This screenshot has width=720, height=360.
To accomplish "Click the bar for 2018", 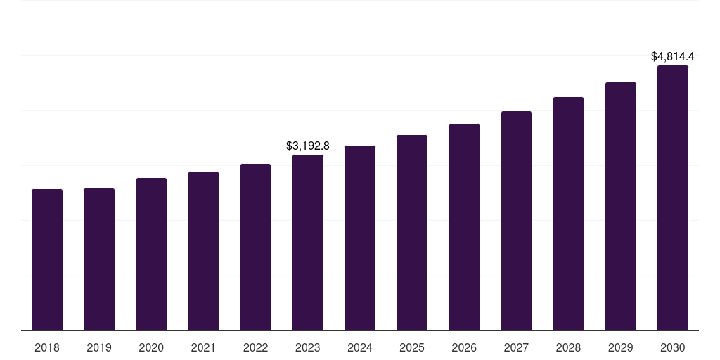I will click(x=47, y=259).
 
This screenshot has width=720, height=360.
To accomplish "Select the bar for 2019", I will click(x=99, y=259).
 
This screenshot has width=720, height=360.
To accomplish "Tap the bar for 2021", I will click(x=203, y=251).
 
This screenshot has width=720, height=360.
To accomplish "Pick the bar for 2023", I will click(x=308, y=243).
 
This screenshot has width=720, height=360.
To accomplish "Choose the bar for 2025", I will click(x=412, y=233).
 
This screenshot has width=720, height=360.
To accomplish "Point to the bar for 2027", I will click(x=516, y=221).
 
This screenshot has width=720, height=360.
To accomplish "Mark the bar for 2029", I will click(x=621, y=206).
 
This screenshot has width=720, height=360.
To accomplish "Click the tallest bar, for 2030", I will click(x=673, y=198).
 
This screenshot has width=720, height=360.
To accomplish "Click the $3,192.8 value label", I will click(x=308, y=146).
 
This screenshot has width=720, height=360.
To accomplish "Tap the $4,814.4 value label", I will click(x=673, y=56).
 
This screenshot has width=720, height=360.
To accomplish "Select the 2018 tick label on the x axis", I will click(x=47, y=347).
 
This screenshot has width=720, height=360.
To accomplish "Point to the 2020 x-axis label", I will click(x=151, y=347).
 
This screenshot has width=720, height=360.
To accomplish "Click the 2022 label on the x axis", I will click(x=256, y=347).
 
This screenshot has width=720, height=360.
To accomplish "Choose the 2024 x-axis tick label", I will click(x=360, y=347).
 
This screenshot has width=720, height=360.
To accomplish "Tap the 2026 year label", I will click(x=464, y=347).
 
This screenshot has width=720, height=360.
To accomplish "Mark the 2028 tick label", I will click(x=568, y=347).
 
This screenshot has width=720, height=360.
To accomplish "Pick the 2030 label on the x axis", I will click(x=673, y=347).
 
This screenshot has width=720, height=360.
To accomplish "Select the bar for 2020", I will click(x=151, y=254).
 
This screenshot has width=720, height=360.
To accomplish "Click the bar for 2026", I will click(x=464, y=227).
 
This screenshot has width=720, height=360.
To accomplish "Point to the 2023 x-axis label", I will click(x=308, y=347).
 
